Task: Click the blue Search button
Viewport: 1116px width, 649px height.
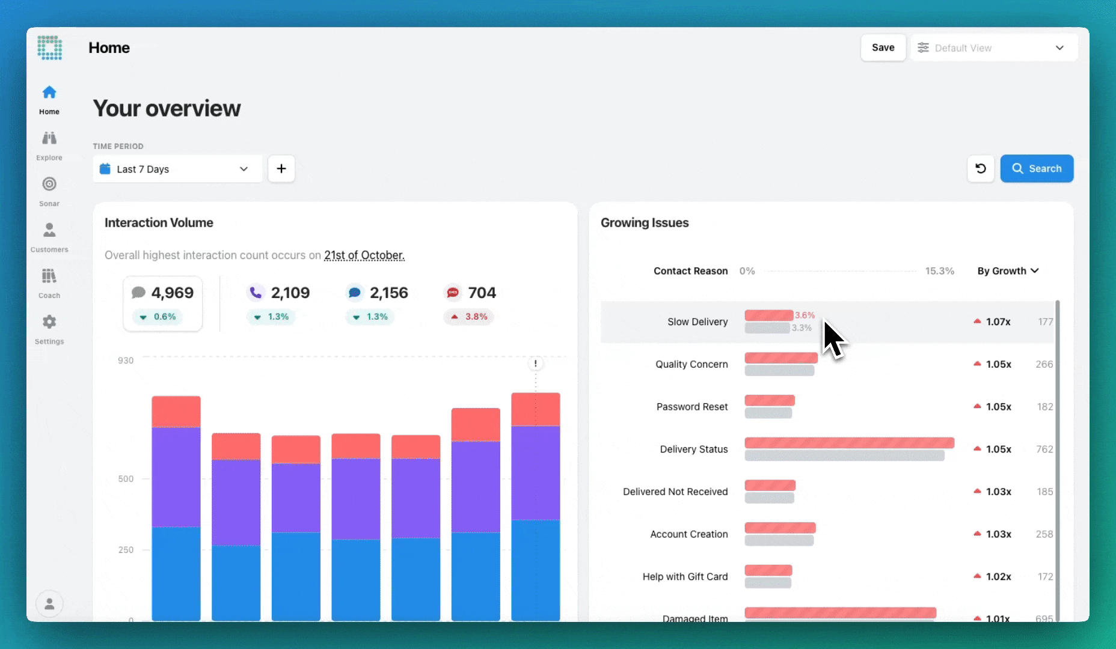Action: click(x=1037, y=169)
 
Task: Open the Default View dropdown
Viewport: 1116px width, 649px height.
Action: click(x=994, y=48)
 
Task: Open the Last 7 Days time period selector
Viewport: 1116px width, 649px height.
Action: click(x=177, y=169)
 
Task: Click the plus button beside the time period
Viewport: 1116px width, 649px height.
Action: click(x=281, y=169)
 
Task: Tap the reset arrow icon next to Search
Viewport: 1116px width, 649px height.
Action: click(x=981, y=169)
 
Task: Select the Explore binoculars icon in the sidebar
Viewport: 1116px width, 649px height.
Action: click(x=49, y=139)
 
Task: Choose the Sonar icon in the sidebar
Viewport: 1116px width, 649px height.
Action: click(x=49, y=184)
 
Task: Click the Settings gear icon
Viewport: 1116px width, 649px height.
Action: click(x=49, y=323)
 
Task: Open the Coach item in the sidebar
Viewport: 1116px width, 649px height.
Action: click(x=49, y=277)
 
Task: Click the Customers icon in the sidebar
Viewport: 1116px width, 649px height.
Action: click(x=49, y=231)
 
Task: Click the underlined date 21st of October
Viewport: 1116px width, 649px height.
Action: click(x=364, y=255)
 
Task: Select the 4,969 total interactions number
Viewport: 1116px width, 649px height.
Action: click(x=172, y=293)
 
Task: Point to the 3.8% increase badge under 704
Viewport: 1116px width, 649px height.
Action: click(x=469, y=317)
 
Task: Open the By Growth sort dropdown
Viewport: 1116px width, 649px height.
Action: click(x=1008, y=271)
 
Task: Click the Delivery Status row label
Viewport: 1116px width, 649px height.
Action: click(x=694, y=449)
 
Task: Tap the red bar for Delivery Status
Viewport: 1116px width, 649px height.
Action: click(x=849, y=443)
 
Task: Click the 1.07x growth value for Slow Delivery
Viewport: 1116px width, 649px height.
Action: click(x=998, y=322)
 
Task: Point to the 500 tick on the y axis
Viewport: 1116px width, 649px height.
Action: click(x=126, y=479)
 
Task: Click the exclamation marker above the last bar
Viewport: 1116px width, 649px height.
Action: click(x=536, y=364)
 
